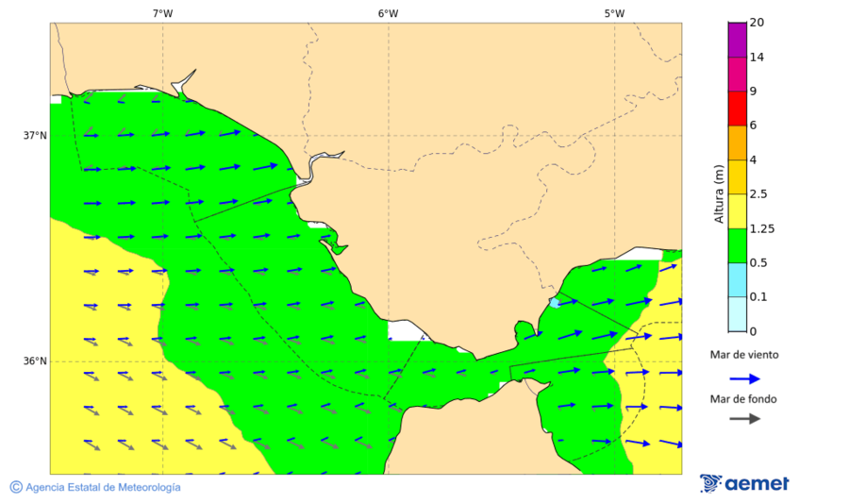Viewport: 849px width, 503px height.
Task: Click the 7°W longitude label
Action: click(162, 13)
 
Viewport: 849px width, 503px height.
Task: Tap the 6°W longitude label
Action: click(388, 13)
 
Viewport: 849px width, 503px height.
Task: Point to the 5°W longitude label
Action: click(614, 13)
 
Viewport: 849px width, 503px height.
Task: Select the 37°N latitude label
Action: click(35, 135)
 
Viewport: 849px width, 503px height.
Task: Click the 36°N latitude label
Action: click(35, 360)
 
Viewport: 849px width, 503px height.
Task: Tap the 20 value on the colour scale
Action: click(756, 23)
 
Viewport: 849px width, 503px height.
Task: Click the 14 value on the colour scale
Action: click(756, 57)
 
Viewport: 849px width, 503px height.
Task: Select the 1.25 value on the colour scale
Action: click(761, 228)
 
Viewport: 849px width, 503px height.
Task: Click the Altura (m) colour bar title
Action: click(718, 193)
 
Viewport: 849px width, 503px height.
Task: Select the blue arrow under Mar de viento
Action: click(745, 377)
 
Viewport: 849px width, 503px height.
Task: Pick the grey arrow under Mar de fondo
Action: click(745, 418)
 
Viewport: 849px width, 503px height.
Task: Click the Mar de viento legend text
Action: click(745, 355)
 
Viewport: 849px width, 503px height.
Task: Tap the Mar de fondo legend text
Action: click(744, 399)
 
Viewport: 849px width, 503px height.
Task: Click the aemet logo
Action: click(744, 483)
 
